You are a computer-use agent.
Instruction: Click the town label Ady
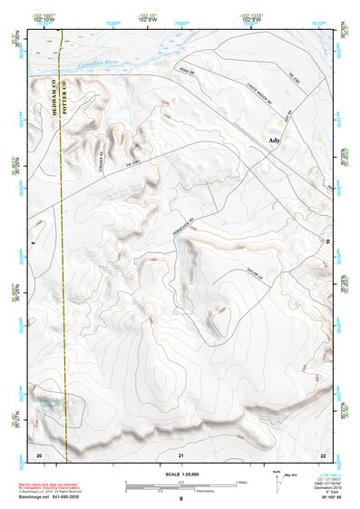pyautogui.click(x=275, y=141)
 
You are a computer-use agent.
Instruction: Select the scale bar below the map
pyautogui.click(x=180, y=485)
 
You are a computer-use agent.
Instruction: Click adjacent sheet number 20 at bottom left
pyautogui.click(x=38, y=454)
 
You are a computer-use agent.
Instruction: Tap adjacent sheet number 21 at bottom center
pyautogui.click(x=181, y=454)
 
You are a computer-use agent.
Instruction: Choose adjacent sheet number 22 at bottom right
pyautogui.click(x=322, y=454)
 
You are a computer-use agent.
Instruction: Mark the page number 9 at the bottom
pyautogui.click(x=180, y=498)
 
